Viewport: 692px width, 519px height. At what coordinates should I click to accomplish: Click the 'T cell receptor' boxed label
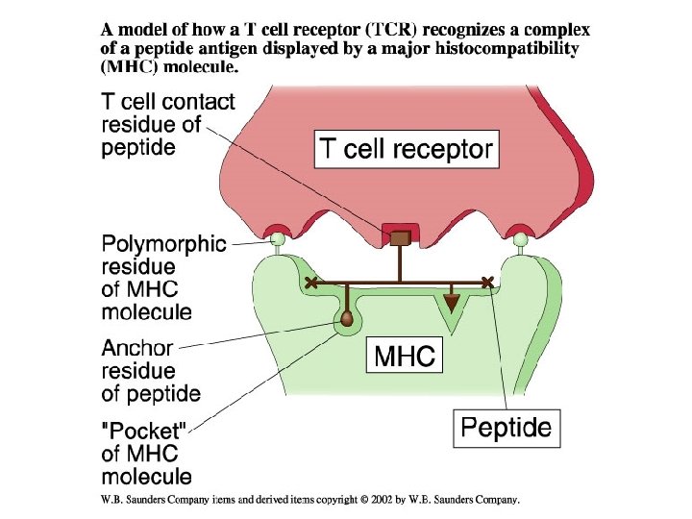tap(407, 149)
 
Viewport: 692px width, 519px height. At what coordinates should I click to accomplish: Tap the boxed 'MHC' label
tap(405, 358)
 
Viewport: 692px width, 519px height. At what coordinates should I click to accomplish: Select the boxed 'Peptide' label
tap(507, 427)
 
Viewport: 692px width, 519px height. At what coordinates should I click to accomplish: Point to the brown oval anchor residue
tap(346, 317)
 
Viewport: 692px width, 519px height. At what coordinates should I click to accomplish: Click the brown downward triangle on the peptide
tap(451, 303)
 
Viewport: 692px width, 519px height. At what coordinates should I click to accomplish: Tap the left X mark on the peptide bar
tap(310, 283)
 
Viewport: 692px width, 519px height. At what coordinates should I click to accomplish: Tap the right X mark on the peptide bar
tap(488, 282)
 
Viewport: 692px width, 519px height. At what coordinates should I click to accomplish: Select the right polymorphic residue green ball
tap(520, 238)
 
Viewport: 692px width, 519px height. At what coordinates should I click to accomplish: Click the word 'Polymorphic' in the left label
tap(164, 245)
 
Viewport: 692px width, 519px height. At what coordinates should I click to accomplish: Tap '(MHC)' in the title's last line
tap(131, 67)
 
